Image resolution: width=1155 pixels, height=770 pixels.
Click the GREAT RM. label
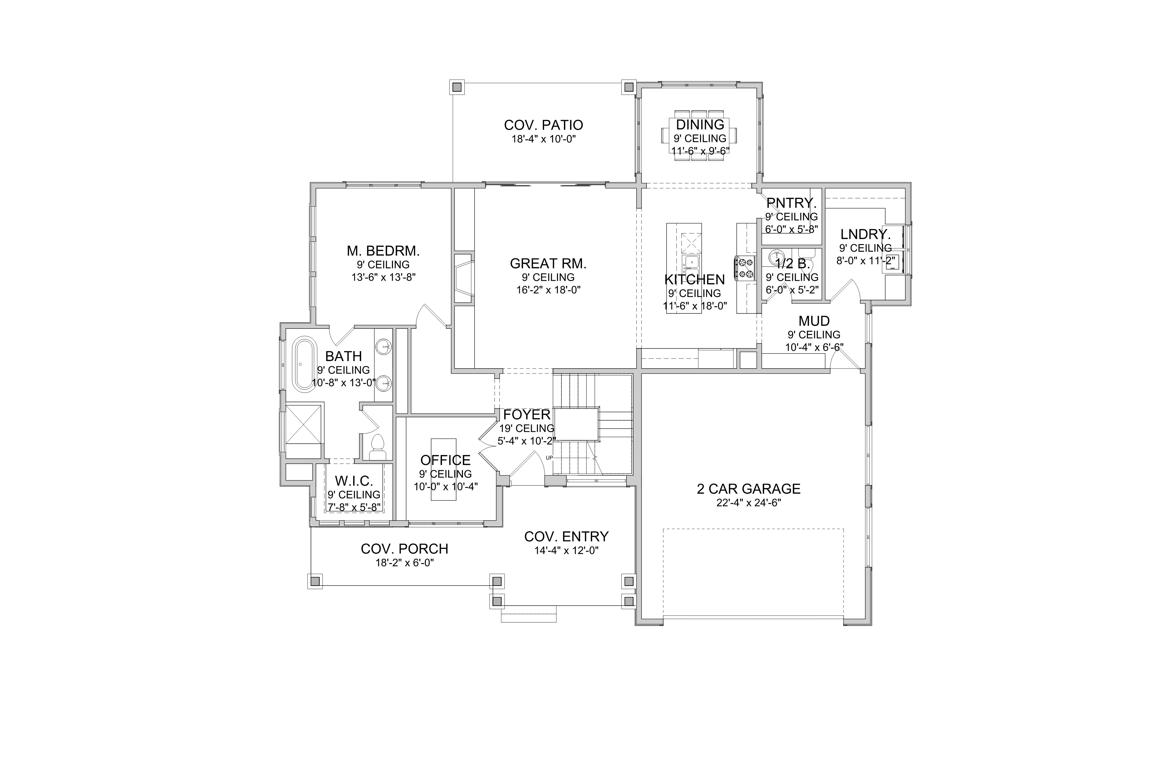[548, 264]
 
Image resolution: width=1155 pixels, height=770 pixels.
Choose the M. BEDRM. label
[383, 251]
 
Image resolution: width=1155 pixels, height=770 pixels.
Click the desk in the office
[444, 469]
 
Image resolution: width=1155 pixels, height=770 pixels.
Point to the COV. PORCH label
[404, 549]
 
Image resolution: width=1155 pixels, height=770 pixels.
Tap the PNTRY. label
[791, 203]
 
